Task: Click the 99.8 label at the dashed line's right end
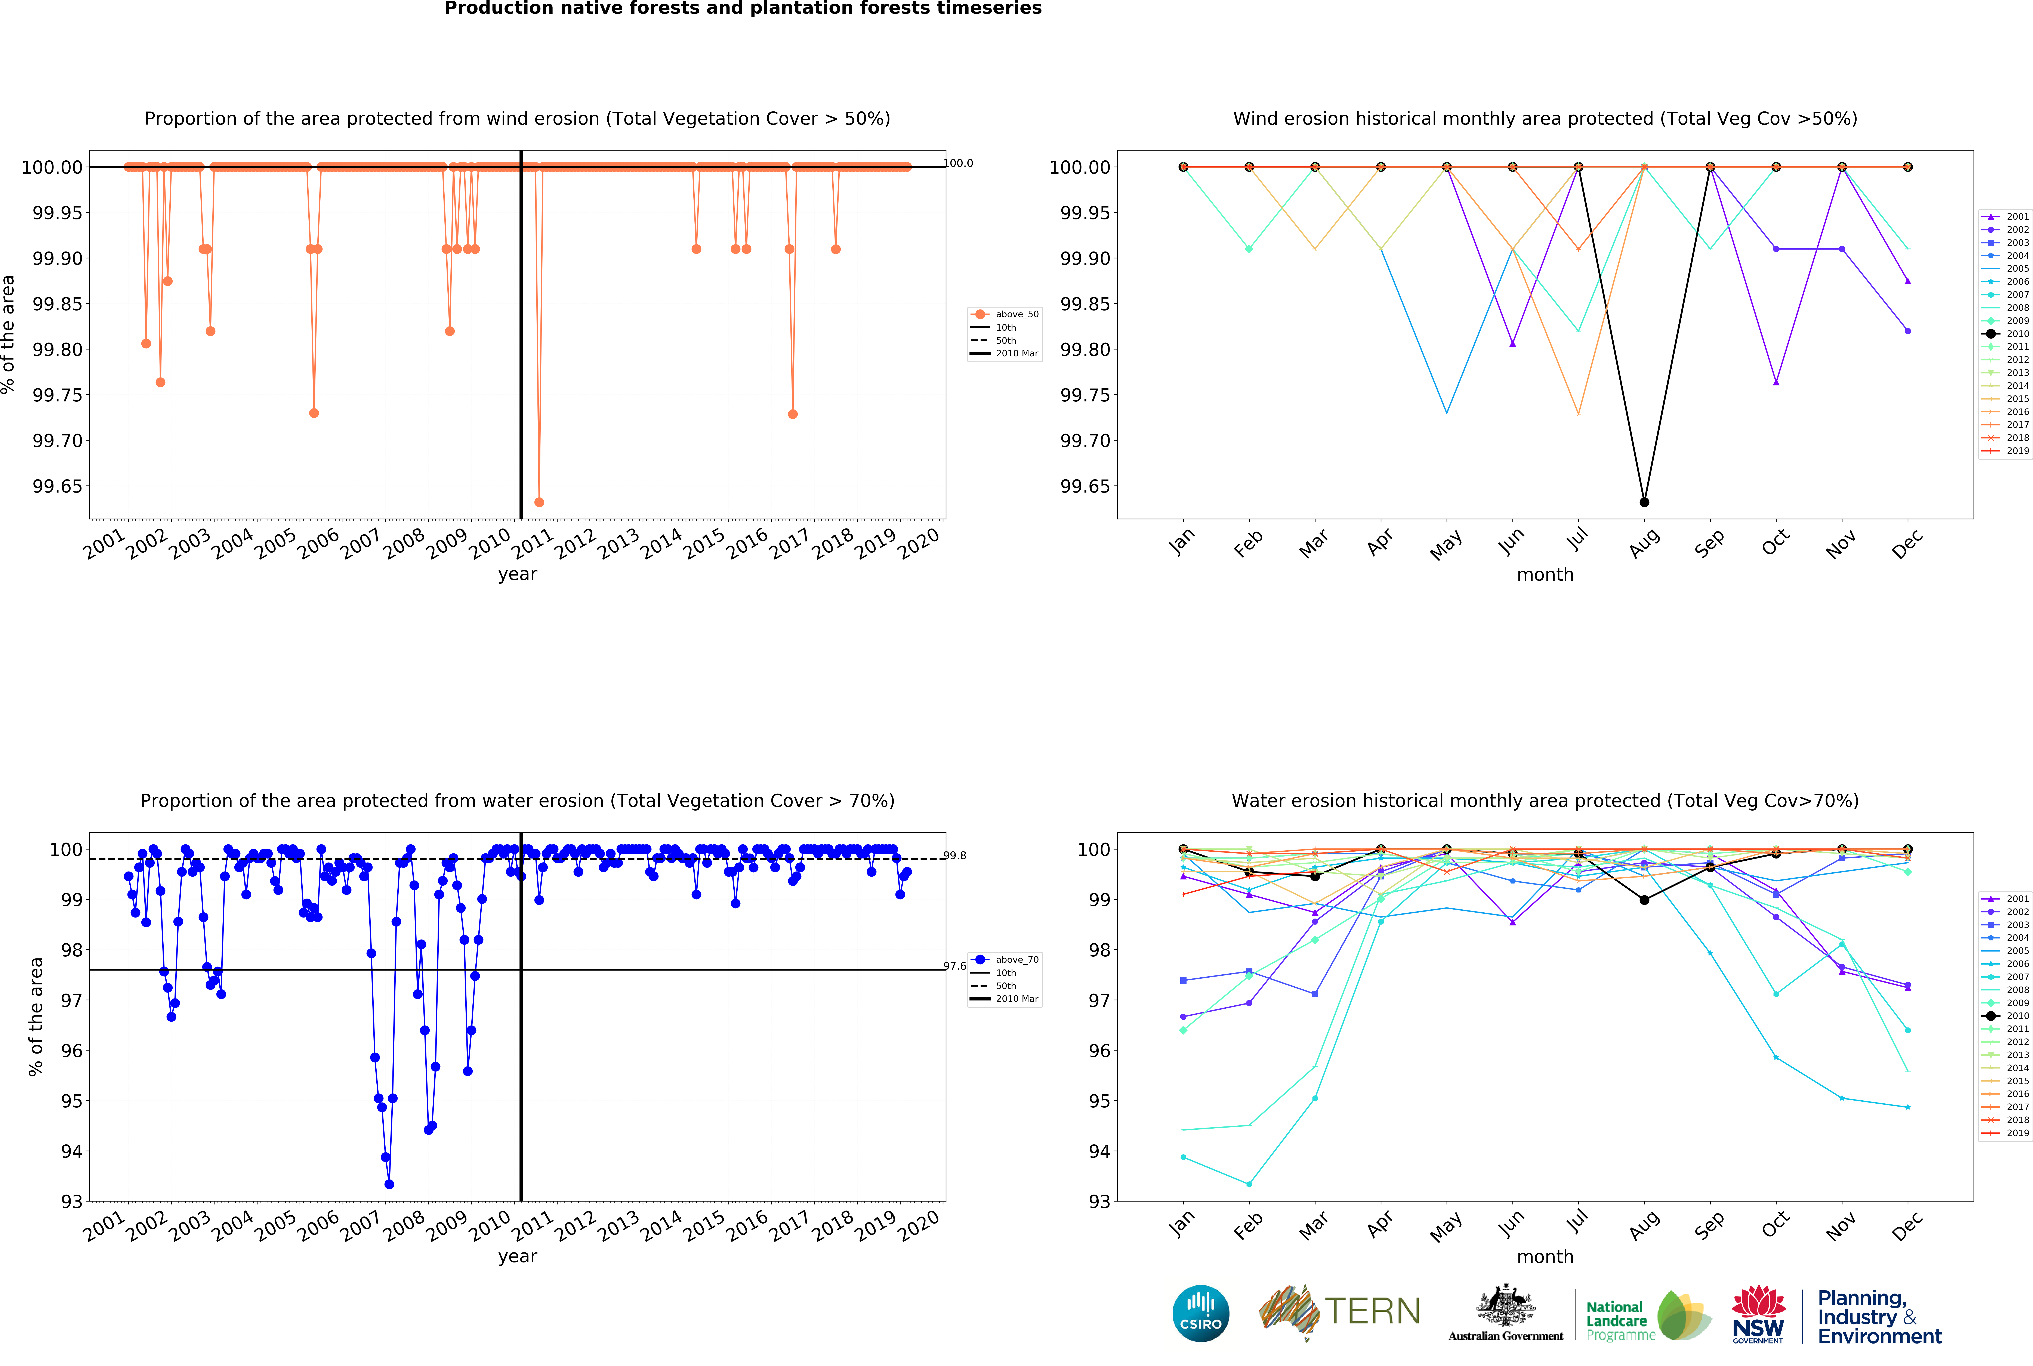pos(956,855)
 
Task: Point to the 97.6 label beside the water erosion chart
pos(956,966)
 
